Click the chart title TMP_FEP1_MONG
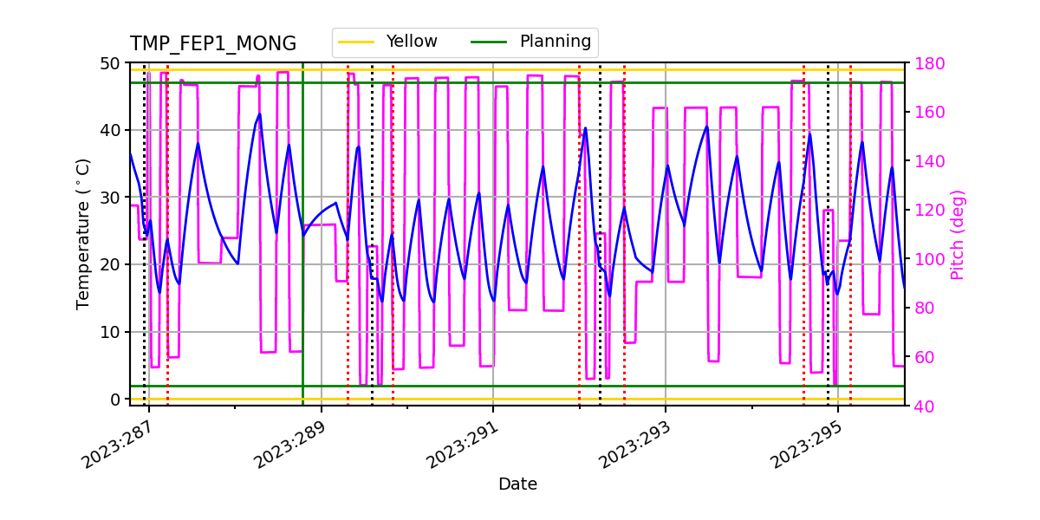(213, 44)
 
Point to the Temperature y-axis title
(83, 233)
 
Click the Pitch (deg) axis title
(958, 234)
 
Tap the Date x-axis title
(517, 484)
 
